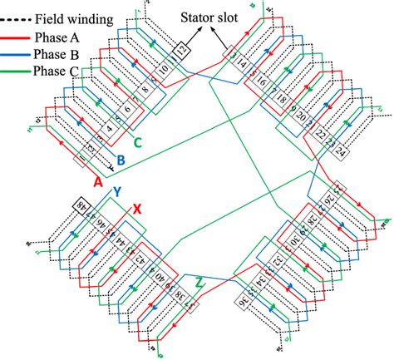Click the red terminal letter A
point(98,180)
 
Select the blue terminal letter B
point(120,159)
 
